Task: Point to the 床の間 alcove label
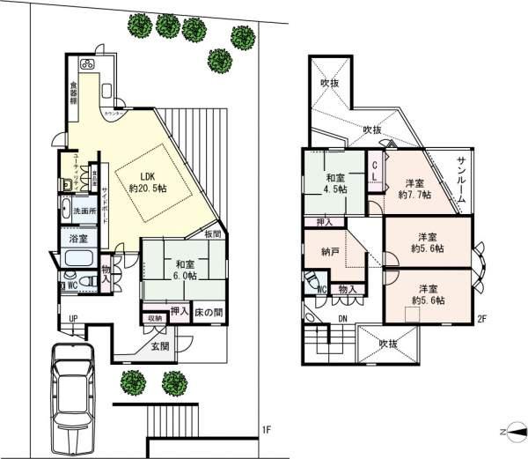pyautogui.click(x=208, y=313)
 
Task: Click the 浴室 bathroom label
pyautogui.click(x=78, y=239)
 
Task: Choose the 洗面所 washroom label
pyautogui.click(x=85, y=211)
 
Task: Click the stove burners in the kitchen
pyautogui.click(x=87, y=63)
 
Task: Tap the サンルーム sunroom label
pyautogui.click(x=462, y=181)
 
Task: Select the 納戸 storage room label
pyautogui.click(x=331, y=251)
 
